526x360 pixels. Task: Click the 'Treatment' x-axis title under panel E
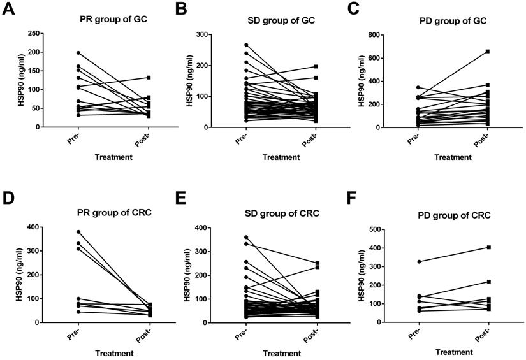tap(281, 351)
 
